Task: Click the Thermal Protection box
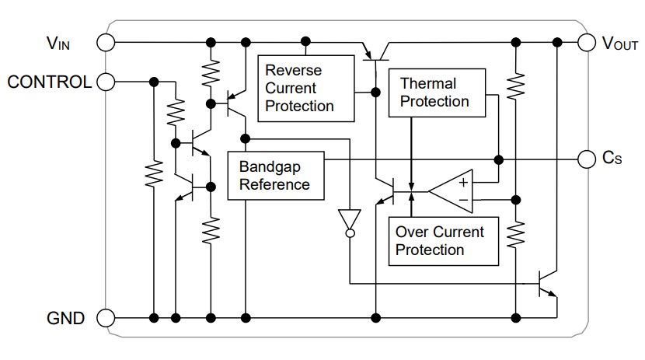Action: pos(438,93)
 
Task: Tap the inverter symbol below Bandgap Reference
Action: pos(350,221)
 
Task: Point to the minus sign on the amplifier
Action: pos(463,200)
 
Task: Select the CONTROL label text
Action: pos(48,81)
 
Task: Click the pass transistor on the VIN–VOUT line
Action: pos(377,51)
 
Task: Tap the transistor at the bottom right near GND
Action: pos(549,283)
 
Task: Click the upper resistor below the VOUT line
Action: pos(515,85)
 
